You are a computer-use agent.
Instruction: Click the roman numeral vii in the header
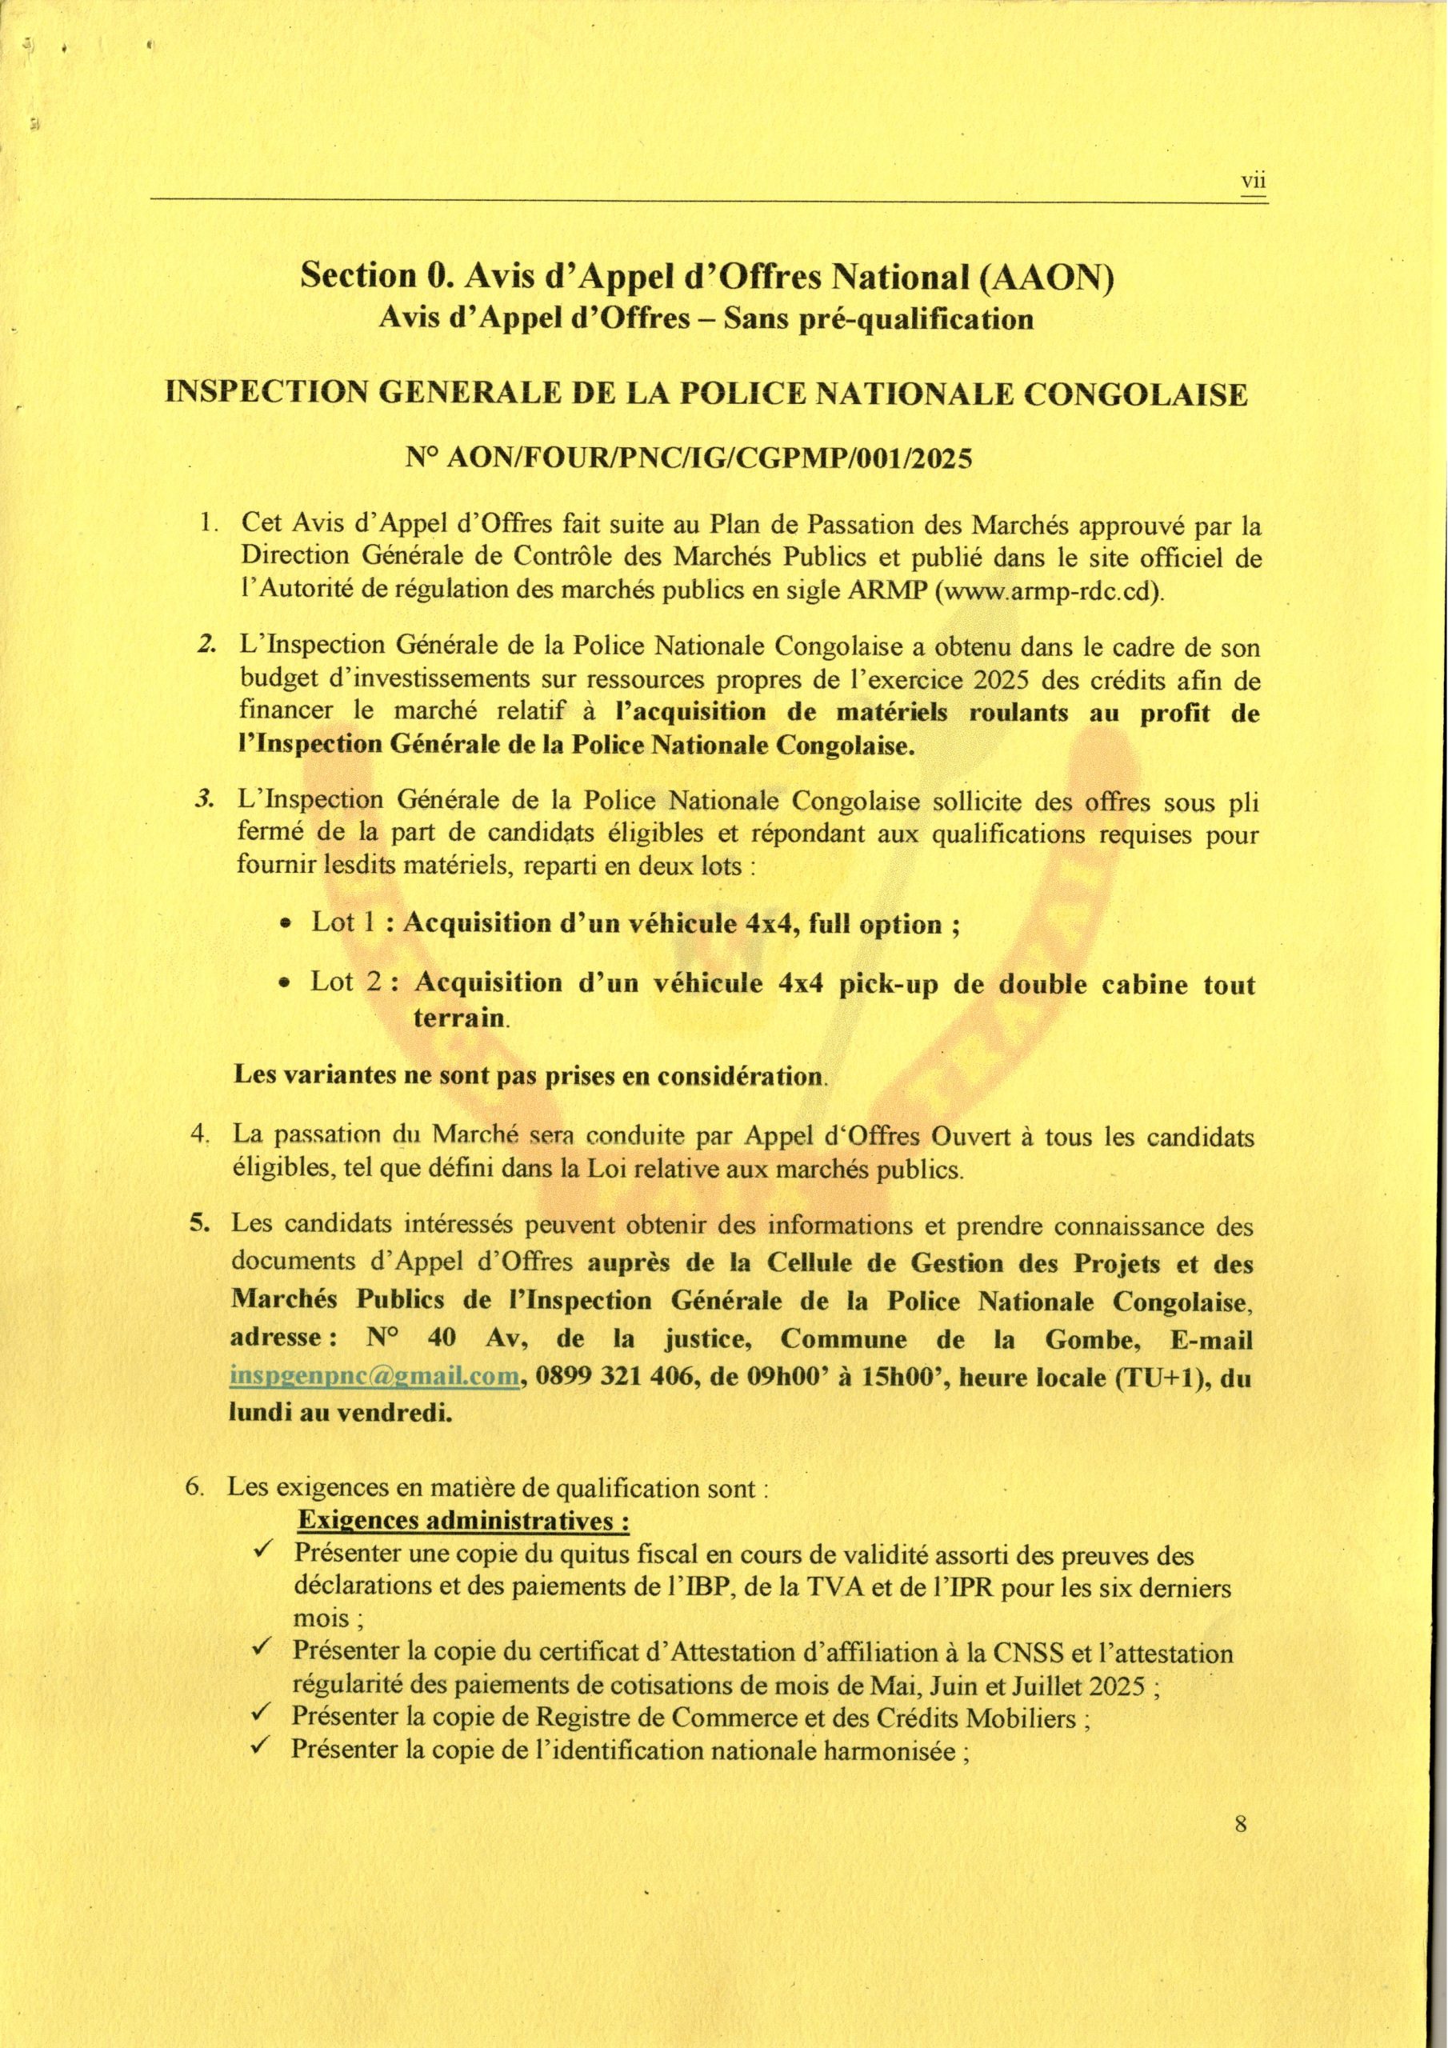coord(1254,182)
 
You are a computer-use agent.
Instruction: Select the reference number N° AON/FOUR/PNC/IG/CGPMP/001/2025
coord(688,458)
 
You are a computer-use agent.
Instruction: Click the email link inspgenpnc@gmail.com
coord(374,1375)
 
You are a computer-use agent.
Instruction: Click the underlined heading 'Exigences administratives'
coord(464,1520)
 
